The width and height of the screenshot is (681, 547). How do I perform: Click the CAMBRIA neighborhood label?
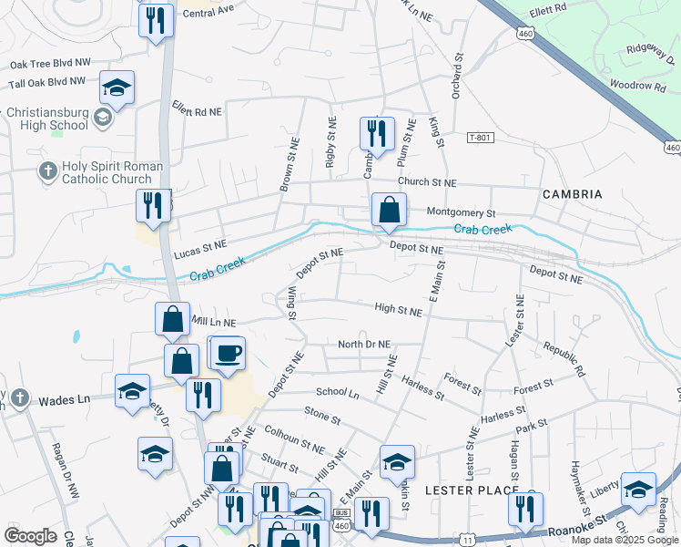tap(572, 194)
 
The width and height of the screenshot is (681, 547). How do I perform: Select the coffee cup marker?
tap(228, 353)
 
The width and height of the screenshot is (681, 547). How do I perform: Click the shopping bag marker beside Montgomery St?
tap(389, 209)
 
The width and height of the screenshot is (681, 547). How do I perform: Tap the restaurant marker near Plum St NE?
tap(374, 134)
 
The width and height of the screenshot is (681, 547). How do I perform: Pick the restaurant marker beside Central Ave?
tap(156, 20)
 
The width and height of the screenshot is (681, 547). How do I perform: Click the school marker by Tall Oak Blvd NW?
tap(117, 88)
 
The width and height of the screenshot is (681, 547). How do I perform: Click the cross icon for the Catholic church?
tap(47, 170)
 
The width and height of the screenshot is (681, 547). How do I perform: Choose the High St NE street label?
tap(398, 311)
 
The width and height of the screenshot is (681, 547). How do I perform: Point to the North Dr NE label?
tap(363, 345)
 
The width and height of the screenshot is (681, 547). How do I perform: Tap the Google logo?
tap(30, 536)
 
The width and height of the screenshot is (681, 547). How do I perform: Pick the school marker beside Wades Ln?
tap(133, 390)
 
